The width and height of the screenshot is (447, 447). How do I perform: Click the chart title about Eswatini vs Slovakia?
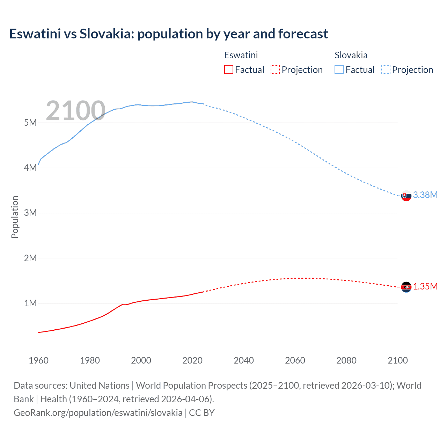click(x=168, y=34)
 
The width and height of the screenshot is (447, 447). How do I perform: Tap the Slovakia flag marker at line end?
click(x=406, y=196)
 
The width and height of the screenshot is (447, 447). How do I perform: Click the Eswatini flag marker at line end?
click(x=406, y=287)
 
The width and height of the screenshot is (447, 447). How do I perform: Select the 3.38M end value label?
click(x=425, y=195)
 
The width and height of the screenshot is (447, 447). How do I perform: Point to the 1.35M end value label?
click(x=425, y=287)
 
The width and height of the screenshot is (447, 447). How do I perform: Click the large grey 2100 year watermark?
click(x=75, y=111)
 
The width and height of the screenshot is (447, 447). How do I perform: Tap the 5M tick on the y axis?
click(x=30, y=123)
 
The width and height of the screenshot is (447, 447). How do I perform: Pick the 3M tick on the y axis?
click(x=30, y=213)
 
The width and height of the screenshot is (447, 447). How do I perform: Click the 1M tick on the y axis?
click(x=30, y=303)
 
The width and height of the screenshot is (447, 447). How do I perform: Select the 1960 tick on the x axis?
click(x=38, y=360)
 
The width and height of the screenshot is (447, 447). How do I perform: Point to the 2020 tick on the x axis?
click(x=192, y=360)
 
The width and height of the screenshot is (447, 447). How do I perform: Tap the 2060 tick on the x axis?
click(x=295, y=360)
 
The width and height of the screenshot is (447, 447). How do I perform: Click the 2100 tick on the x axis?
click(x=397, y=360)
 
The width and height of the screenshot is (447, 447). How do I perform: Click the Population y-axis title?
click(x=15, y=217)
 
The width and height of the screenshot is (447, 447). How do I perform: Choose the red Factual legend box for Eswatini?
click(x=229, y=70)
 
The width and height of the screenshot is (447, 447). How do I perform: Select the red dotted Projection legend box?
click(x=275, y=70)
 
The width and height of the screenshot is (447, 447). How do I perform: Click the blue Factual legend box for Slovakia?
click(x=339, y=70)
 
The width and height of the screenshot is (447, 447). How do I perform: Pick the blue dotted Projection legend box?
click(x=386, y=70)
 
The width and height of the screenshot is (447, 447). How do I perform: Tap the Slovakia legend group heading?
click(x=351, y=55)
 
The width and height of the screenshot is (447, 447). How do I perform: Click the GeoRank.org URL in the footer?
click(x=98, y=413)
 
